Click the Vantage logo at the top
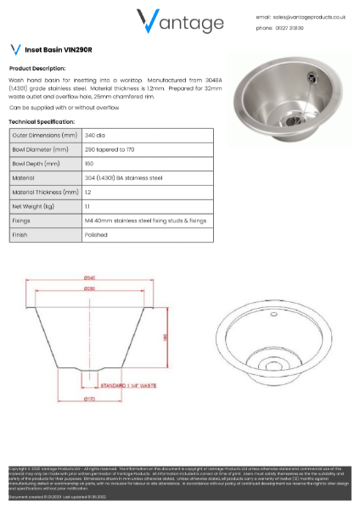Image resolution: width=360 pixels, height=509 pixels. (x=180, y=20)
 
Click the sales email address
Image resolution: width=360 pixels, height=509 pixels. (x=310, y=16)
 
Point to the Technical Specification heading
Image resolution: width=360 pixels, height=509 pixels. (x=42, y=122)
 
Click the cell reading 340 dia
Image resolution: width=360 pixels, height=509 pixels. (x=95, y=135)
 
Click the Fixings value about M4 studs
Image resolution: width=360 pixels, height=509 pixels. (x=145, y=221)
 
